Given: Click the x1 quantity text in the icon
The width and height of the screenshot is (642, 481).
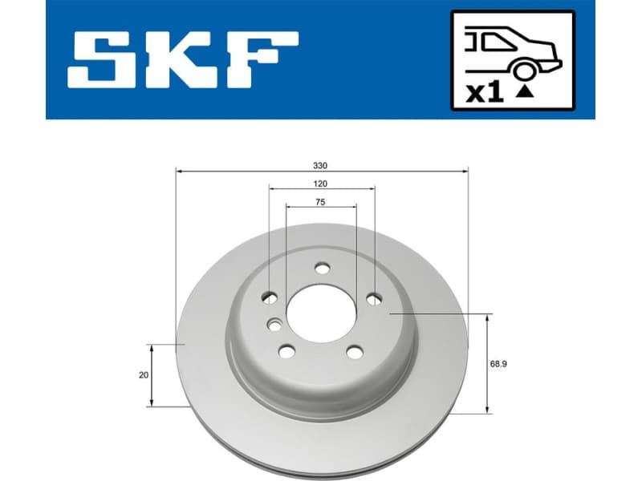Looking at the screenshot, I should click(484, 93).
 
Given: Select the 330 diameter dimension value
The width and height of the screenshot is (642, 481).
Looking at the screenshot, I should click(320, 165).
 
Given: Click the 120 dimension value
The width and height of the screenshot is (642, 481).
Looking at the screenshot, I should click(321, 184).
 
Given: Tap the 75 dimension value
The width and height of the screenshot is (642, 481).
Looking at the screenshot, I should click(320, 203).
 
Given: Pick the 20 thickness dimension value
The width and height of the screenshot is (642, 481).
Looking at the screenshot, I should click(144, 374).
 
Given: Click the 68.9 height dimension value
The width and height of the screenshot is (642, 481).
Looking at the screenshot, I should click(499, 363).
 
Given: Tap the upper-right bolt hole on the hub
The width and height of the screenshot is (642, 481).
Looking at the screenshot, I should click(374, 299).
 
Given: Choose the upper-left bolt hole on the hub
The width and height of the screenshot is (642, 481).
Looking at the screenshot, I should click(270, 298).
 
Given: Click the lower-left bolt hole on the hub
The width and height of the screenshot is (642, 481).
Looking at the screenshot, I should click(286, 350).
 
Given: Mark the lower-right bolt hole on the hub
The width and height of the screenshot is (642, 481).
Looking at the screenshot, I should click(355, 350).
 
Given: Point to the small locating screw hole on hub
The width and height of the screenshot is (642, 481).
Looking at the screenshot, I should click(274, 325).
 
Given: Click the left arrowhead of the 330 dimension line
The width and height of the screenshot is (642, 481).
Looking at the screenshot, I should click(179, 171).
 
